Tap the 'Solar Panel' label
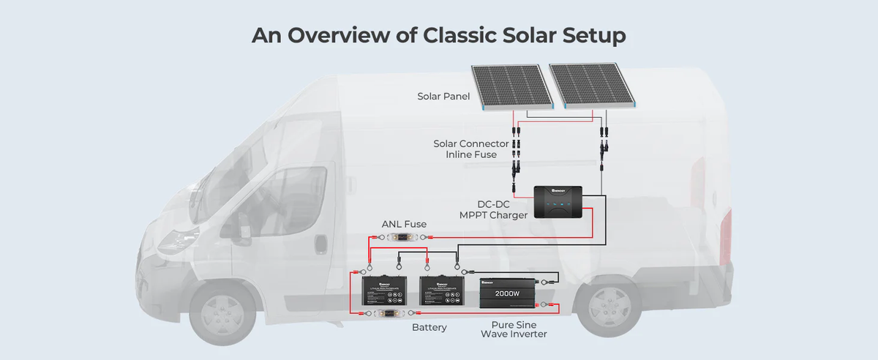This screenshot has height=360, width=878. (444, 97)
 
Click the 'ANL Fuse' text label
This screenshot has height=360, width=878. (404, 224)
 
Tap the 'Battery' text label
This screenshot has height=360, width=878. (429, 327)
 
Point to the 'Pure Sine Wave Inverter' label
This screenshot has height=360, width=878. (514, 328)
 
